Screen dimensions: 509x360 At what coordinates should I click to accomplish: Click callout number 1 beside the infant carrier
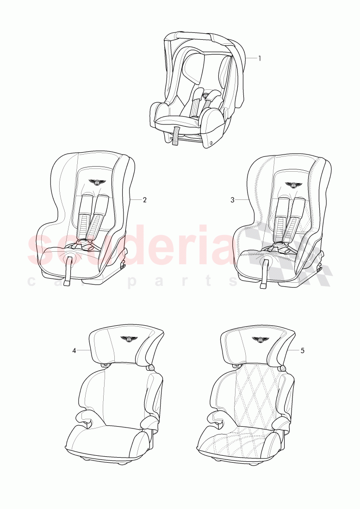coord(260,58)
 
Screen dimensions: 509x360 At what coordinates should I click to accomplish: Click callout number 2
coord(144,200)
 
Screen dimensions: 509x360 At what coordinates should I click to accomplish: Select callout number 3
coord(233,200)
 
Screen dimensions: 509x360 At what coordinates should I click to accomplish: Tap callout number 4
coord(74,350)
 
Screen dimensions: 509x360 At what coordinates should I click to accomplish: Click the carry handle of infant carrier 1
coord(199,37)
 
